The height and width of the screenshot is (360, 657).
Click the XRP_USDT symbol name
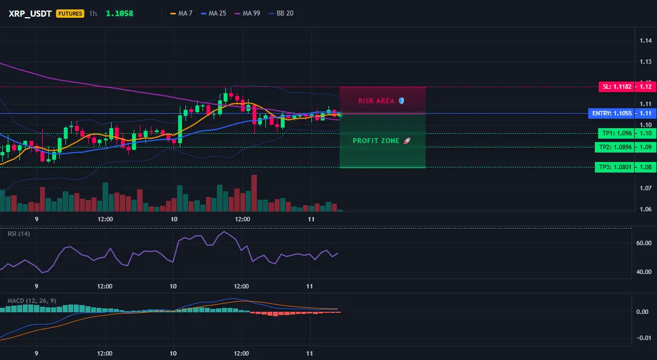[30, 13]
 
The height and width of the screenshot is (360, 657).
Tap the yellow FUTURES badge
[70, 13]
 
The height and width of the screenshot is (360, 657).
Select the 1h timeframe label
[93, 13]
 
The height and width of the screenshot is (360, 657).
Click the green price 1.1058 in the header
[119, 13]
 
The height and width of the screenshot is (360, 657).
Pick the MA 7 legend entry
[181, 13]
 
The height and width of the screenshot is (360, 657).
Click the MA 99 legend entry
[247, 13]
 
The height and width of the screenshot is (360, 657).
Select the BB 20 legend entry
[281, 13]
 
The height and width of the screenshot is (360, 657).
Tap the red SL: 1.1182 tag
[617, 87]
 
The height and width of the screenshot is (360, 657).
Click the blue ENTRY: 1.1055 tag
[611, 113]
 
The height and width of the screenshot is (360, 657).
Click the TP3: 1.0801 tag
[615, 167]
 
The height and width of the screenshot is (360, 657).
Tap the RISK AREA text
[376, 101]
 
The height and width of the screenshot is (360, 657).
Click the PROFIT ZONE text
[376, 141]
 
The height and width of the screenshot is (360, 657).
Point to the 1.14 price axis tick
[646, 40]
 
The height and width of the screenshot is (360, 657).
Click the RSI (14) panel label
[19, 234]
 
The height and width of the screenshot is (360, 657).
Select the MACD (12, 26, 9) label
[32, 301]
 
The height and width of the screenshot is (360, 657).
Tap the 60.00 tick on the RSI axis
[644, 243]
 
